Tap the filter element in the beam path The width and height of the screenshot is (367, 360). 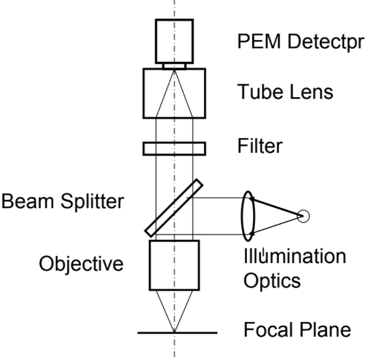tap(174, 147)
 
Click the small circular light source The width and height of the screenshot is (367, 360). tap(304, 215)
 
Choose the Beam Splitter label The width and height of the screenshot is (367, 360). tap(62, 202)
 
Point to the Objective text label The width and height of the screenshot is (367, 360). tap(81, 263)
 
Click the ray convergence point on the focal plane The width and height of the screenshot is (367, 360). tap(174, 331)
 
